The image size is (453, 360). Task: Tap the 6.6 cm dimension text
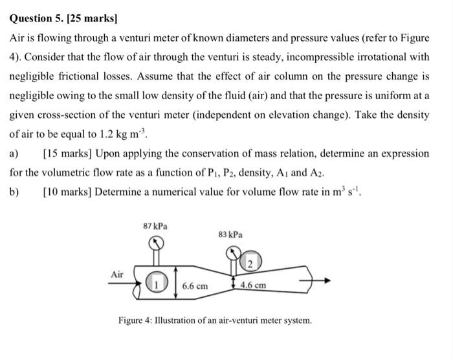click(x=195, y=286)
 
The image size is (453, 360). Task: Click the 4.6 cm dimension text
click(x=253, y=285)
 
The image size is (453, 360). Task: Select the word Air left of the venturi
click(x=117, y=274)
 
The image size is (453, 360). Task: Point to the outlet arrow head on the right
click(x=331, y=281)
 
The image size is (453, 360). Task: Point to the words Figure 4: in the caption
click(x=137, y=321)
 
